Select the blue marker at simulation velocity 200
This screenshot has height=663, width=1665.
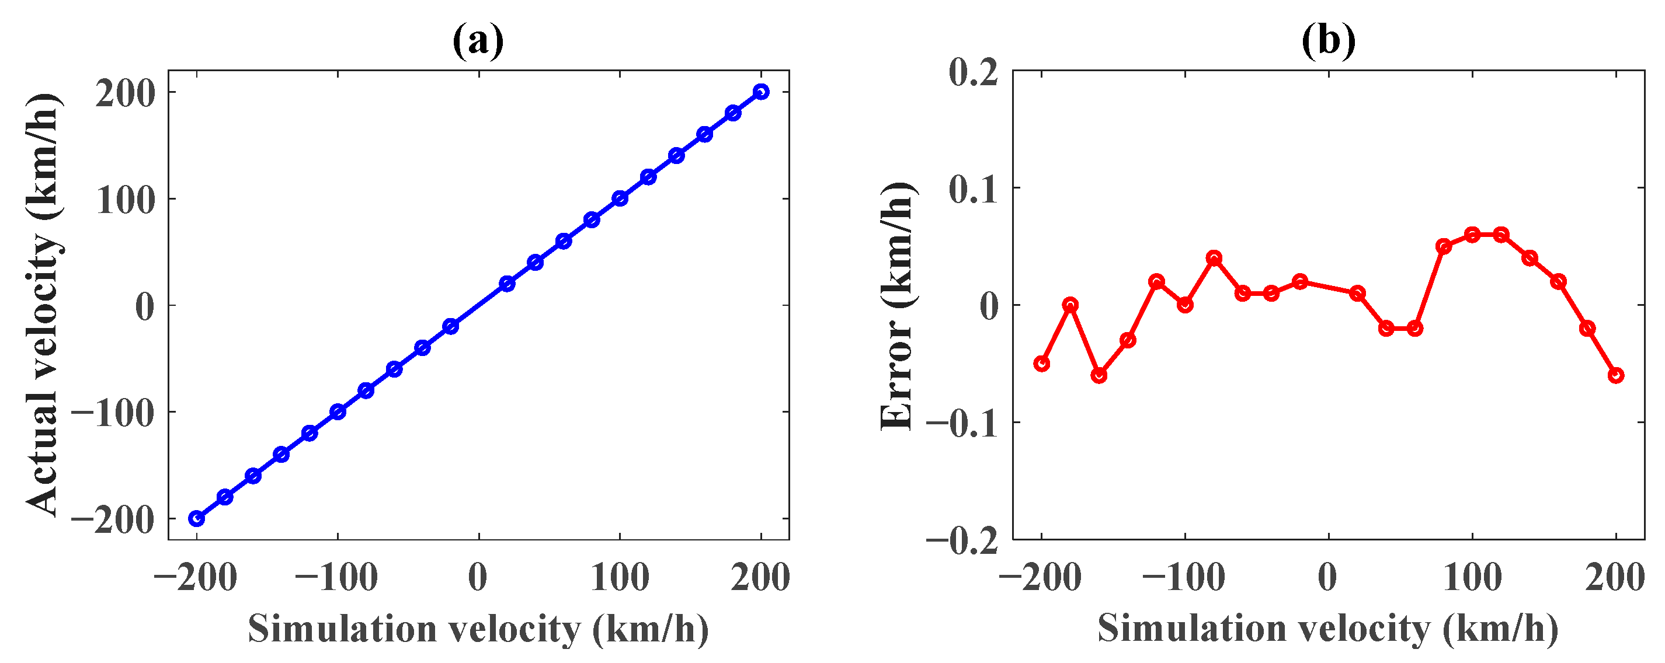click(x=762, y=92)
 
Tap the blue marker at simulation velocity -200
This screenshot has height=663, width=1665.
click(x=196, y=518)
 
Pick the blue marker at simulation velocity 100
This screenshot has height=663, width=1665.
click(x=620, y=198)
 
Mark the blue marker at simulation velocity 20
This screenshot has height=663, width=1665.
click(x=508, y=284)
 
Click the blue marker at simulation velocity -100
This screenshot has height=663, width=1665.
click(x=338, y=411)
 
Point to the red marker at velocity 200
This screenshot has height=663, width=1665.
click(x=1616, y=375)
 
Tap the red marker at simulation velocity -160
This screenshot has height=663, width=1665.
click(x=1099, y=375)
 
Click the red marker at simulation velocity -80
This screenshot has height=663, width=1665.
click(x=1214, y=258)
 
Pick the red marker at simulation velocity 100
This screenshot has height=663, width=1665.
click(x=1472, y=235)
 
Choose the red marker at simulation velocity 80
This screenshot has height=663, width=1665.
click(x=1444, y=246)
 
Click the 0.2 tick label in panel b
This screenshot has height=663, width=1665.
click(x=974, y=73)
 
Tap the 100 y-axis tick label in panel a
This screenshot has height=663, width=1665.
click(x=127, y=200)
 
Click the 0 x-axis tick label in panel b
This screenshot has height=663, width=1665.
click(x=1327, y=577)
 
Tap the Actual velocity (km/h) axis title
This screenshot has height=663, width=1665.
click(x=44, y=305)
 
